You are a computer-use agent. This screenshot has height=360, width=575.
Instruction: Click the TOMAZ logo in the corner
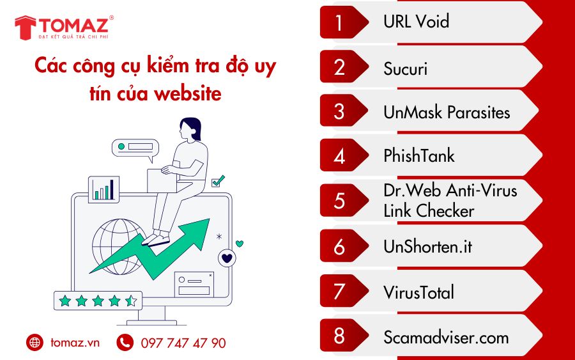(x=64, y=27)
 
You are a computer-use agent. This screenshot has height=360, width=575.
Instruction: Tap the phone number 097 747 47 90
(x=183, y=343)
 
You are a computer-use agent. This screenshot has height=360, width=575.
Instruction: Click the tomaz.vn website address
(x=75, y=343)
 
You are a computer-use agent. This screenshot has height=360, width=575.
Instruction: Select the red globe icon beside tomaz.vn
(x=35, y=342)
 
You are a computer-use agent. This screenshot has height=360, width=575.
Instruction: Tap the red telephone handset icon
(x=125, y=342)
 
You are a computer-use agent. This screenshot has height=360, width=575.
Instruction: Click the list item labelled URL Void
(x=416, y=22)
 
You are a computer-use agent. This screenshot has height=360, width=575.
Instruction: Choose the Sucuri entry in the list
(x=405, y=68)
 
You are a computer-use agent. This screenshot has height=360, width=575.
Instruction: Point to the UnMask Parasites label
(x=447, y=112)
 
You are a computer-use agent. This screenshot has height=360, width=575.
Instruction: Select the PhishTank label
(x=418, y=155)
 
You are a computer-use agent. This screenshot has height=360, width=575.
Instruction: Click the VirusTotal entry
(x=418, y=292)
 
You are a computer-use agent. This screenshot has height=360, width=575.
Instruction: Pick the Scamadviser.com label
(x=446, y=337)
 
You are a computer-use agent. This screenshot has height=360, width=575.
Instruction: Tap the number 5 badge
(x=340, y=201)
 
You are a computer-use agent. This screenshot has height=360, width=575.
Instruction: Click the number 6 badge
(x=340, y=246)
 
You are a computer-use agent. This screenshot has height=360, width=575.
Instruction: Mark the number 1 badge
(x=340, y=22)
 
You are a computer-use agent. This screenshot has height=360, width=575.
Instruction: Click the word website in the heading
(x=188, y=94)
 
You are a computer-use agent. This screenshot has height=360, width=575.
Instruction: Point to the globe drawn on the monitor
(x=118, y=247)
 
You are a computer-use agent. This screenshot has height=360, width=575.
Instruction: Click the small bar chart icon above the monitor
(x=103, y=189)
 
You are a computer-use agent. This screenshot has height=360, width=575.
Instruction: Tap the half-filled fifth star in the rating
(x=131, y=301)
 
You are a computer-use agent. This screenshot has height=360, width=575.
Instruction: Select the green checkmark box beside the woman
(x=218, y=182)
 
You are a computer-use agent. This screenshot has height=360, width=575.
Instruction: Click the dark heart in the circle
(x=227, y=258)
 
